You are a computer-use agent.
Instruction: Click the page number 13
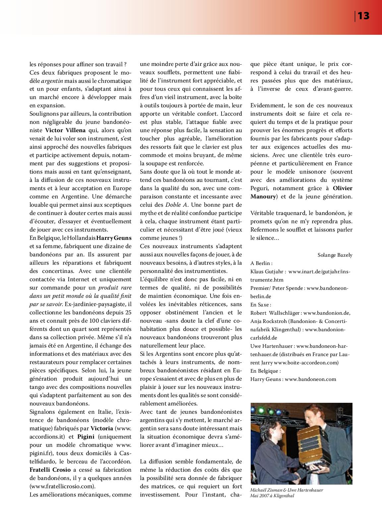tap(363, 16)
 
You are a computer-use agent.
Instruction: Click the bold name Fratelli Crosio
tap(51, 470)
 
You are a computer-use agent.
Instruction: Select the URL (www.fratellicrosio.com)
tap(62, 486)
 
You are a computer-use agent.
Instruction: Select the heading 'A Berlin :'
tap(262, 263)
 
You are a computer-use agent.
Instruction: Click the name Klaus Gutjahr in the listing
tap(267, 272)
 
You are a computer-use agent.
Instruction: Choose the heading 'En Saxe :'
tap(261, 304)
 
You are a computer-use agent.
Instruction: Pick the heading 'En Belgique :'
tap(265, 371)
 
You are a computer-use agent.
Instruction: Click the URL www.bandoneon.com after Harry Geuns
tap(310, 379)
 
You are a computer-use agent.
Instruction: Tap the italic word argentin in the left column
tap(52, 81)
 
